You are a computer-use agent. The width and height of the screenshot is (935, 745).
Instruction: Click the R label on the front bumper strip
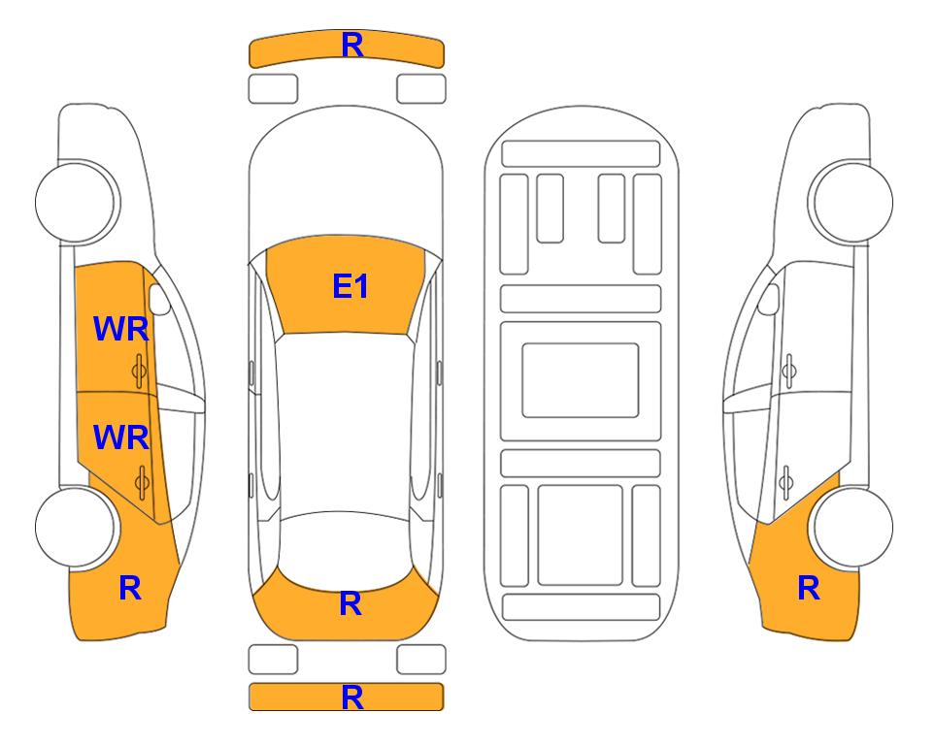[352, 46]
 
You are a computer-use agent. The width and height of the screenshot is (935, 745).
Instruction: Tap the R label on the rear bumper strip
[352, 697]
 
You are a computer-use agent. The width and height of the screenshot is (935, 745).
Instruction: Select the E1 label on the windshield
[351, 286]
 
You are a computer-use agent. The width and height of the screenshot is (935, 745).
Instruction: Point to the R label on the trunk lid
[351, 603]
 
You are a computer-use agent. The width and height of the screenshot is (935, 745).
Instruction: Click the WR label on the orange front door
[121, 329]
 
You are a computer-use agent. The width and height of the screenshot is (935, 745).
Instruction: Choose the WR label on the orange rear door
[121, 437]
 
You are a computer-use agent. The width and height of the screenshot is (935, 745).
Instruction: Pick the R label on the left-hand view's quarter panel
[130, 588]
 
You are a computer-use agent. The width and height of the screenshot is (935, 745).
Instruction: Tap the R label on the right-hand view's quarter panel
[809, 588]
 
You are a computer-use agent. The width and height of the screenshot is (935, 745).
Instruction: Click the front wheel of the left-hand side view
[76, 202]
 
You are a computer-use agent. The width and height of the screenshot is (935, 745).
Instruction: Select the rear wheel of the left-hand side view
[75, 527]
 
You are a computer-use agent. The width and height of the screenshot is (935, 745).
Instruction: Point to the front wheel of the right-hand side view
[852, 202]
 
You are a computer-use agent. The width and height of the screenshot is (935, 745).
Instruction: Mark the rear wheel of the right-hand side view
[853, 527]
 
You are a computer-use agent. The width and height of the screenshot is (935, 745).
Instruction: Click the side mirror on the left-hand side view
[159, 299]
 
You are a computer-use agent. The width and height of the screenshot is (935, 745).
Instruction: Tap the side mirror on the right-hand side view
[769, 299]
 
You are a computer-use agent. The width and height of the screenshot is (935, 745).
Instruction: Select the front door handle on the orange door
[140, 371]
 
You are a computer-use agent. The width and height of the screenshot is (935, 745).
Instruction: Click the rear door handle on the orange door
[142, 483]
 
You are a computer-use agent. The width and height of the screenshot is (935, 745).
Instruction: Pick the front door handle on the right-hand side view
[788, 371]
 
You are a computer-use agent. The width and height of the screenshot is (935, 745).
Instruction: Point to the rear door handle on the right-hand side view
[785, 483]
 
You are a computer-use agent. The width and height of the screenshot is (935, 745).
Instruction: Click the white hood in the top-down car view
[346, 173]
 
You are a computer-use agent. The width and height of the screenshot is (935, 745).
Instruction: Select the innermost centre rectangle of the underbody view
[581, 380]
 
